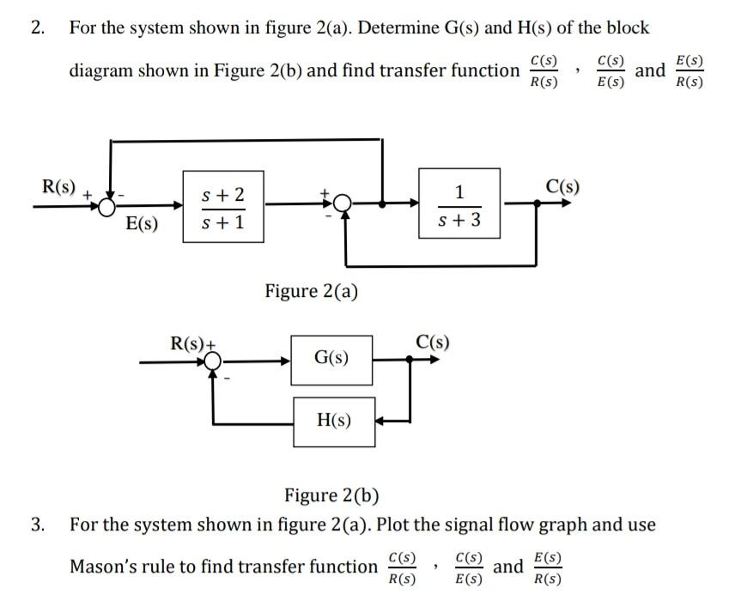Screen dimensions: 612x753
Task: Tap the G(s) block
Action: click(x=332, y=355)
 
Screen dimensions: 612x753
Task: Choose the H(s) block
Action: click(x=334, y=421)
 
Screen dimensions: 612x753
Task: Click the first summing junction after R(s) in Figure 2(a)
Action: click(x=108, y=205)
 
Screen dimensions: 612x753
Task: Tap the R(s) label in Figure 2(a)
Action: click(x=59, y=186)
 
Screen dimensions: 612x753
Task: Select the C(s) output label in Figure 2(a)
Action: click(x=562, y=185)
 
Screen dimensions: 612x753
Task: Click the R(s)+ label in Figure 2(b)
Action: click(x=191, y=344)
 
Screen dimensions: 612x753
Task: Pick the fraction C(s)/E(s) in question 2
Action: click(x=610, y=72)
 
